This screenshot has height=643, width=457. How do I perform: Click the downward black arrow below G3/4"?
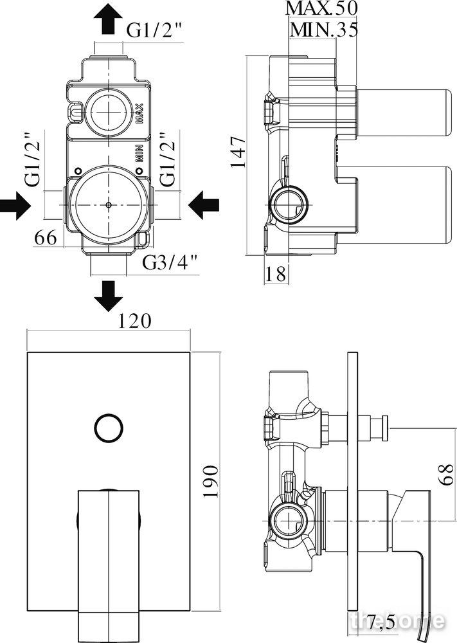(x=108, y=295)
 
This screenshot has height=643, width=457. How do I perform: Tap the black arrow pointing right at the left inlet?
(x=15, y=203)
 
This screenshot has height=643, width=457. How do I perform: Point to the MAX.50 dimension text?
(x=321, y=8)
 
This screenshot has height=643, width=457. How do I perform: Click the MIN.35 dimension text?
(x=324, y=30)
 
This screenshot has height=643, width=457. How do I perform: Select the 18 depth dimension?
(x=276, y=273)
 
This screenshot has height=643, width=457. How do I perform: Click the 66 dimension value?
(x=46, y=237)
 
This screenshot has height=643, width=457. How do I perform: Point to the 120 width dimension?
(x=135, y=321)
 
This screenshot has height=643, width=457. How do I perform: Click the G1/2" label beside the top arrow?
(x=154, y=30)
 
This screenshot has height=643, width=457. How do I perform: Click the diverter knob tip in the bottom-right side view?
(x=386, y=428)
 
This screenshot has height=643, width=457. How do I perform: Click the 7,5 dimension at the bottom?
(x=381, y=623)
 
